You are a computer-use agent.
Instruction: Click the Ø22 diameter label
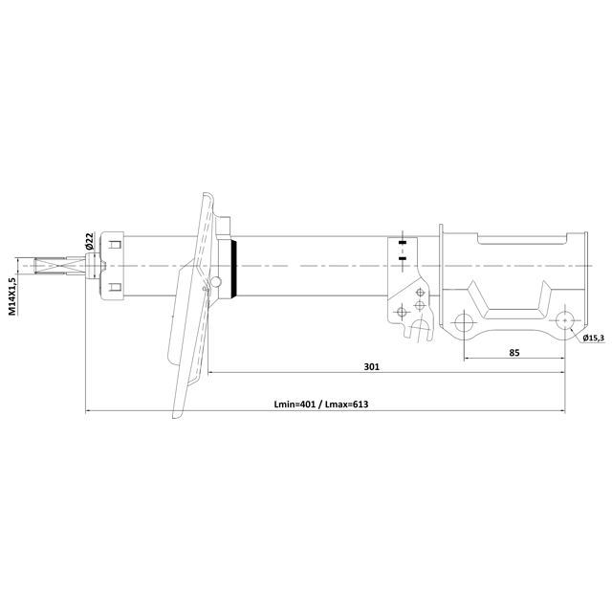pyautogui.click(x=88, y=242)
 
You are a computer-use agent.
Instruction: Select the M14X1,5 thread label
pyautogui.click(x=12, y=296)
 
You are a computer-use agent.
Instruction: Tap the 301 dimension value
pyautogui.click(x=372, y=366)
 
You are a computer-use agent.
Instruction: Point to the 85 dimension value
pyautogui.click(x=514, y=353)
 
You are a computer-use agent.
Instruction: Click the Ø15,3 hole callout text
pyautogui.click(x=593, y=339)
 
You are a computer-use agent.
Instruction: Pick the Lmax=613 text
pyautogui.click(x=346, y=404)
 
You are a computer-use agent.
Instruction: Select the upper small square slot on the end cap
pyautogui.click(x=115, y=246)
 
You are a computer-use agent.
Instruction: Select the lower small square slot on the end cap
pyautogui.click(x=115, y=286)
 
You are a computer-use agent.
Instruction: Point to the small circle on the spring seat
pyautogui.click(x=217, y=282)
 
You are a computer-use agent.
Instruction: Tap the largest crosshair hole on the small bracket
pyautogui.click(x=419, y=306)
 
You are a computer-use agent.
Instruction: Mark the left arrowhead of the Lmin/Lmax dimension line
pyautogui.click(x=88, y=412)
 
